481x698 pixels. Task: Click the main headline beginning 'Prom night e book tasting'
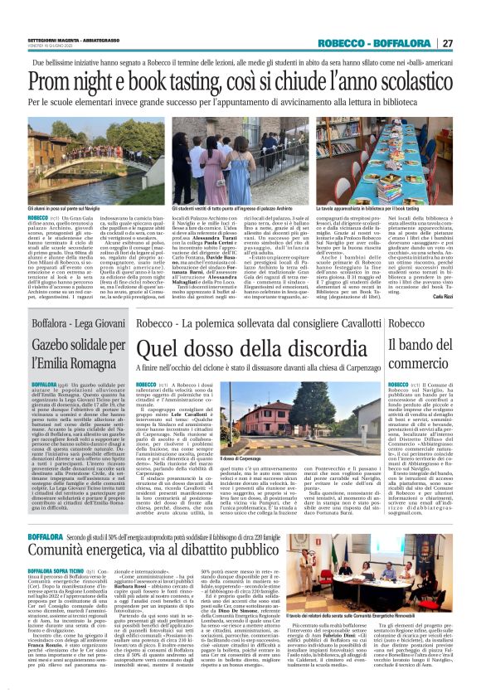240,84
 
